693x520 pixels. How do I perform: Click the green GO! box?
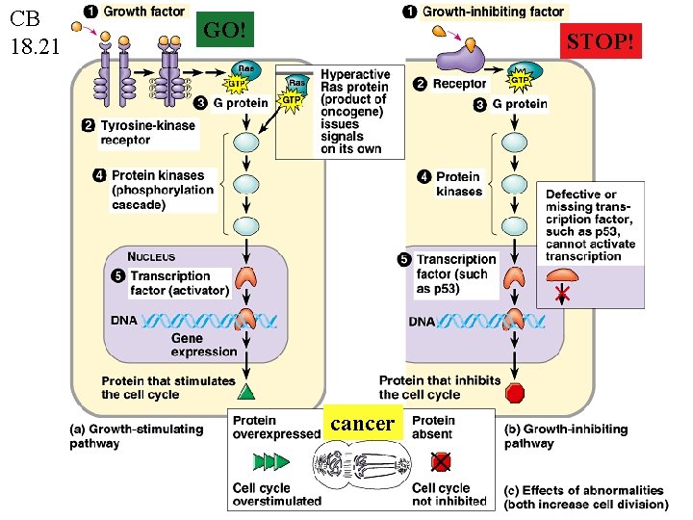coord(226,31)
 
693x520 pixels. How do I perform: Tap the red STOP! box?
coord(601,42)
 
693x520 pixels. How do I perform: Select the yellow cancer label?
coord(362,424)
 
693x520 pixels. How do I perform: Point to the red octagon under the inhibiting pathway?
coord(515,393)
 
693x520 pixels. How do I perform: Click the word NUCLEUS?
coord(151,257)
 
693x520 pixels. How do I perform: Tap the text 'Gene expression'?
coord(203,345)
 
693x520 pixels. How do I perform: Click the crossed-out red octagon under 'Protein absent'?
coord(440,461)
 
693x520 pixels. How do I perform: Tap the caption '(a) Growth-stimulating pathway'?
coord(136,436)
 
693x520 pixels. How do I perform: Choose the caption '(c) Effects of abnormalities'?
coord(585,497)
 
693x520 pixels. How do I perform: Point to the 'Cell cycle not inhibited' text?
coord(449,494)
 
